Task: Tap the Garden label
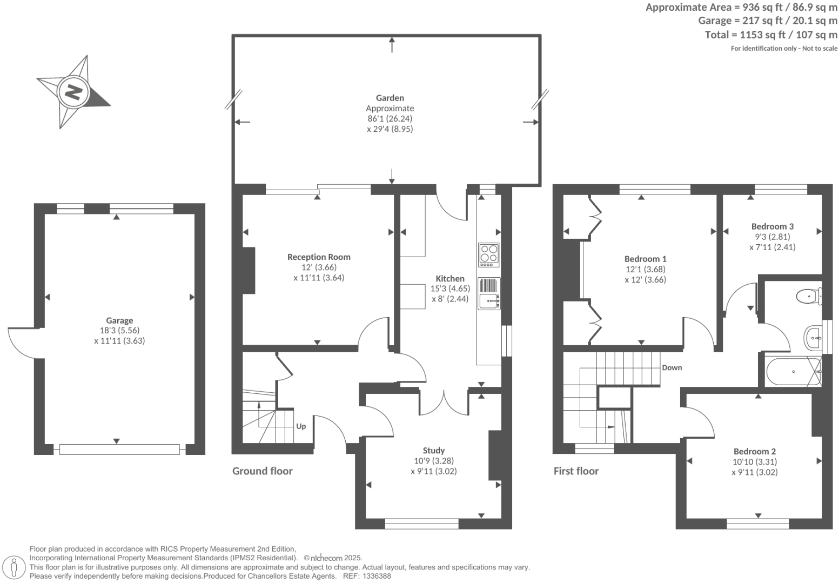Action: click(x=390, y=98)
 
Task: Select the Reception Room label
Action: click(x=319, y=257)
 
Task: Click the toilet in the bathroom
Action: click(x=808, y=296)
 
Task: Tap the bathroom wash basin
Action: click(x=813, y=339)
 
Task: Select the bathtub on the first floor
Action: click(x=793, y=371)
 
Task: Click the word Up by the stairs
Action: click(x=301, y=426)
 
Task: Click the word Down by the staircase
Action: click(x=672, y=367)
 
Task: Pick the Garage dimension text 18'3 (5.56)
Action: click(x=119, y=330)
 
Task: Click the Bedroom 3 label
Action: click(x=772, y=226)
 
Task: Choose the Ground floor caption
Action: click(x=262, y=471)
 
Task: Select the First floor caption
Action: click(x=576, y=471)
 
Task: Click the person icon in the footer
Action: click(x=15, y=567)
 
